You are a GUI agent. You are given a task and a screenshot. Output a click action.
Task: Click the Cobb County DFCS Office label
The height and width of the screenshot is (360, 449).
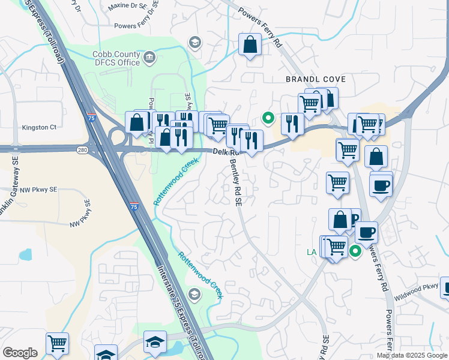[x=116, y=58]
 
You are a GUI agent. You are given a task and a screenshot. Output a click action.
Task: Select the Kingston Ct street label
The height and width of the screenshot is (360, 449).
[x=39, y=127]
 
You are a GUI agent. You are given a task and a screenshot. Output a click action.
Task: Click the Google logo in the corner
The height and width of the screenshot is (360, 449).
[x=20, y=353]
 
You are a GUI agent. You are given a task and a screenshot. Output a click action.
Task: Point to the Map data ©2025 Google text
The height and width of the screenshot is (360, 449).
[x=412, y=355]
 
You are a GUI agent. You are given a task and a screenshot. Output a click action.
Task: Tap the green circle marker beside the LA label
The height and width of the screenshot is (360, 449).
[x=355, y=252]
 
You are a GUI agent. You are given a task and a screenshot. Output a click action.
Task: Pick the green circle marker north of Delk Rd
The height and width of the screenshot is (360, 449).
[x=268, y=118]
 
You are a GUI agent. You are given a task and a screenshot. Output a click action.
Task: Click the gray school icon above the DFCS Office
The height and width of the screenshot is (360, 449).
[x=194, y=42]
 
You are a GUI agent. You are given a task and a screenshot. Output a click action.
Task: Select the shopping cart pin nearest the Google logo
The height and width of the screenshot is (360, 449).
[x=57, y=343]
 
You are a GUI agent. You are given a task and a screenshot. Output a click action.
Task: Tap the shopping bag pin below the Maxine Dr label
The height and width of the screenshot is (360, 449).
[x=250, y=44]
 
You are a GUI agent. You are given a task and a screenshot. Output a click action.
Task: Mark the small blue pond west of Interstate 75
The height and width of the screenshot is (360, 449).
[x=25, y=254]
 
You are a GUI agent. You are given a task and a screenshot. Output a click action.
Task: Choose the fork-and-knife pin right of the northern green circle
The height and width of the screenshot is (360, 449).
[x=292, y=124]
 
